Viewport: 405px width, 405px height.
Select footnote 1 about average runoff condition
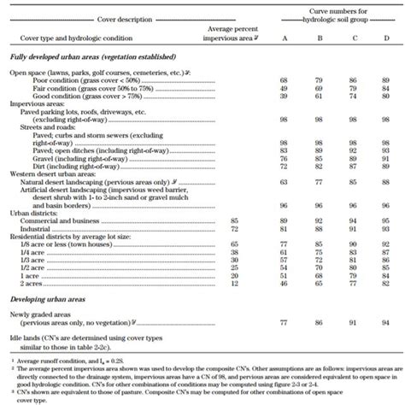pyautogui.click(x=61, y=362)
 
